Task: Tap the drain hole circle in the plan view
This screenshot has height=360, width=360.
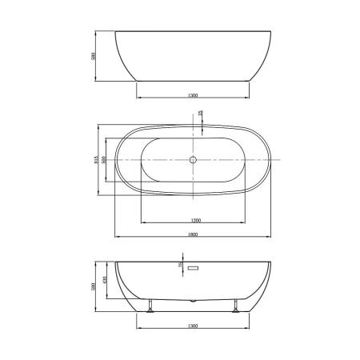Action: point(194,160)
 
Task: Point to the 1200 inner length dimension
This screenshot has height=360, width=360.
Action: point(194,219)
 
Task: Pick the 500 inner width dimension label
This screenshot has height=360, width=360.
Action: point(104,160)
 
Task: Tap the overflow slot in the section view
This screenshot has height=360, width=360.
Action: point(193,270)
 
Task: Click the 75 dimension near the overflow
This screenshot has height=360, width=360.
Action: point(180,264)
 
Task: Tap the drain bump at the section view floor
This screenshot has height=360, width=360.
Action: point(192,301)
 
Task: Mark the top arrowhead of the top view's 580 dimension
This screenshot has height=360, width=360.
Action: point(96,33)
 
